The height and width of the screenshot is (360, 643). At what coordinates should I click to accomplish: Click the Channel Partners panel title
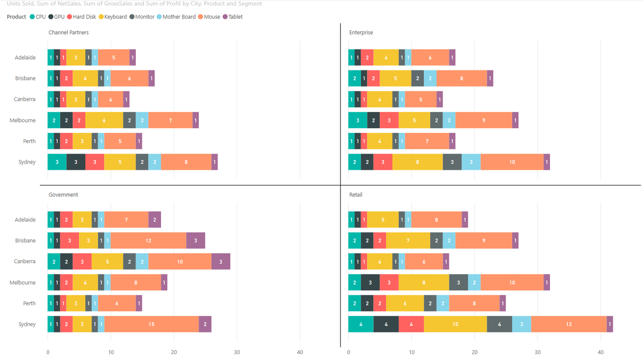pos(69,33)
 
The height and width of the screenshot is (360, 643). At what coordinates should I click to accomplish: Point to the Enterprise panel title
pos(361,33)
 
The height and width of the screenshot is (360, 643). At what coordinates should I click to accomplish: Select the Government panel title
pos(63,195)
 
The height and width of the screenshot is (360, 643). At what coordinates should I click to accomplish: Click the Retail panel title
pos(355,195)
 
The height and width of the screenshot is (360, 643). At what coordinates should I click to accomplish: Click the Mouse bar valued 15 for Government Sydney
pos(151,324)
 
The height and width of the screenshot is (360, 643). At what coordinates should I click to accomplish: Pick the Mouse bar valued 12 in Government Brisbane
pos(148,240)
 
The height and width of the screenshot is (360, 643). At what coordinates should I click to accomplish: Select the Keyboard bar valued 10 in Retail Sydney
pos(455,324)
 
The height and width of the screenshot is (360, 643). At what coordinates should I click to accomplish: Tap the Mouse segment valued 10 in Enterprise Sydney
pos(512,162)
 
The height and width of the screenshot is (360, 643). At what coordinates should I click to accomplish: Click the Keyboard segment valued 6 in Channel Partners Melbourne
pos(104,120)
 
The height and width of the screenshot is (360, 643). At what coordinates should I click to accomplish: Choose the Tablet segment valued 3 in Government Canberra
pos(221,261)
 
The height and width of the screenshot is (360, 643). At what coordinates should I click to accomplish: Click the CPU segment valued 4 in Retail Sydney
pos(361,324)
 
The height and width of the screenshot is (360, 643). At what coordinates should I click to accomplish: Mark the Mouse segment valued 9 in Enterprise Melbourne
pos(484,120)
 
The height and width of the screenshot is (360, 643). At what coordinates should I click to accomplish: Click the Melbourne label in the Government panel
pos(23,282)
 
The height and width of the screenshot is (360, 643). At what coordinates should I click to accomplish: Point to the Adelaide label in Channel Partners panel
pos(25,57)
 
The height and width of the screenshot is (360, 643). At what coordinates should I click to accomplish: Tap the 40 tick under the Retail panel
pos(600,352)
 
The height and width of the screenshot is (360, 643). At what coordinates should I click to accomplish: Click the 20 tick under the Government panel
pos(174,352)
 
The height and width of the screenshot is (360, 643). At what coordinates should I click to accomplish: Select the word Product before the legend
pos(16,17)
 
